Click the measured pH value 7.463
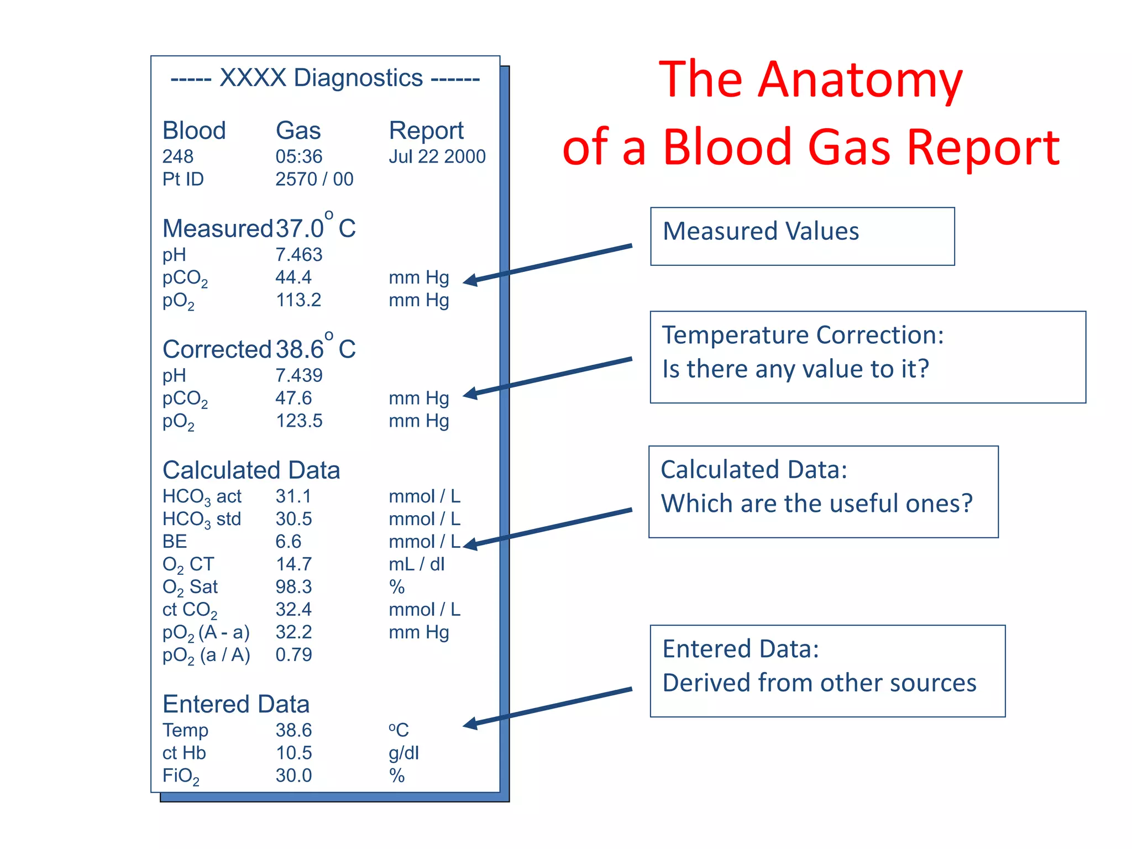[x=298, y=255]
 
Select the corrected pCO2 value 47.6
[x=294, y=398]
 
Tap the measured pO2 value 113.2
[x=298, y=300]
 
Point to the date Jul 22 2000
[x=437, y=157]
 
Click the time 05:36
[x=298, y=157]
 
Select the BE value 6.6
[x=288, y=542]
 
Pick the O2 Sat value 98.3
[x=294, y=587]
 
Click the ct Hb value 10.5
[x=294, y=753]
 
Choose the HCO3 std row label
[x=202, y=520]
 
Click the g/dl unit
[x=403, y=753]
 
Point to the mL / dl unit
[x=416, y=564]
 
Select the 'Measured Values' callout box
[x=802, y=237]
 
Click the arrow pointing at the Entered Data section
[x=547, y=707]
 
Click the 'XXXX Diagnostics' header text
[x=321, y=78]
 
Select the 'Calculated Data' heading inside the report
[x=251, y=470]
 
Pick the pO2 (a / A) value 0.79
[x=294, y=655]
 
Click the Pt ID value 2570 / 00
[x=314, y=180]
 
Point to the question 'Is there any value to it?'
[x=795, y=369]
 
